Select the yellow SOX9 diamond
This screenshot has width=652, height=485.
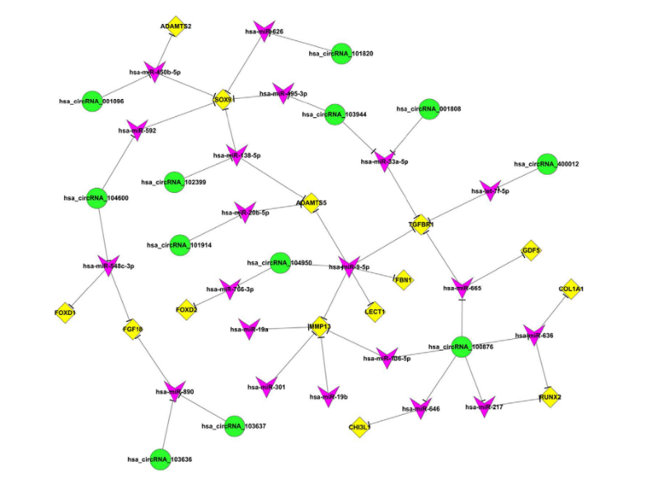(x=223, y=100)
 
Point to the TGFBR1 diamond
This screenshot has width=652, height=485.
(x=421, y=224)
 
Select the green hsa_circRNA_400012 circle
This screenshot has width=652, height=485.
(x=546, y=163)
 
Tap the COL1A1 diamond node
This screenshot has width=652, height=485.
(x=570, y=289)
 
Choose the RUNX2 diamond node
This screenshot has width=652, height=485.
(x=551, y=397)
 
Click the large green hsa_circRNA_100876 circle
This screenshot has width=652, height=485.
(x=462, y=347)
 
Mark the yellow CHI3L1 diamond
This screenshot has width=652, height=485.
(x=360, y=427)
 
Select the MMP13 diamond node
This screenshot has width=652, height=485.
(x=320, y=327)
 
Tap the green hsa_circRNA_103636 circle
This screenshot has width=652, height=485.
(x=160, y=458)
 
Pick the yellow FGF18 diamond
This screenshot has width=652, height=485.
(x=133, y=330)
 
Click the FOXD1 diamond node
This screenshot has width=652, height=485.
(x=65, y=313)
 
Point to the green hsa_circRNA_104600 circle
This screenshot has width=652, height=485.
(x=98, y=198)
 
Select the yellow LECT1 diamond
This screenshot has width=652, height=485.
(x=375, y=310)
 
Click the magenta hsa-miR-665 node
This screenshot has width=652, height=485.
(x=462, y=288)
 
